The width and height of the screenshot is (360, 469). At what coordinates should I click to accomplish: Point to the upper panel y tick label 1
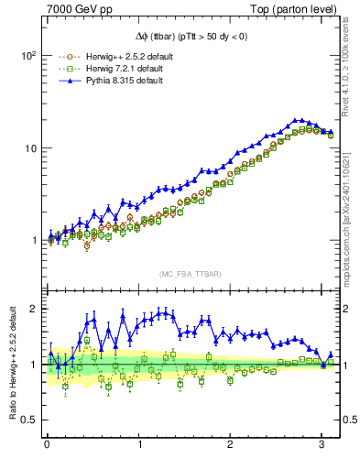[x=32, y=241]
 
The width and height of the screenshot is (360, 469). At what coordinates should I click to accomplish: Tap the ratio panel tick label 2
[x=32, y=309]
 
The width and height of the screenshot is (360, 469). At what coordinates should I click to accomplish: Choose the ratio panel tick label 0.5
[x=27, y=420]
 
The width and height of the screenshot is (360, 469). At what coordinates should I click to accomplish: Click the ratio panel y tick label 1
[x=32, y=365]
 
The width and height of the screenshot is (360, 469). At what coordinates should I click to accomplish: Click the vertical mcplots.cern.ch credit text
[x=352, y=211]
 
